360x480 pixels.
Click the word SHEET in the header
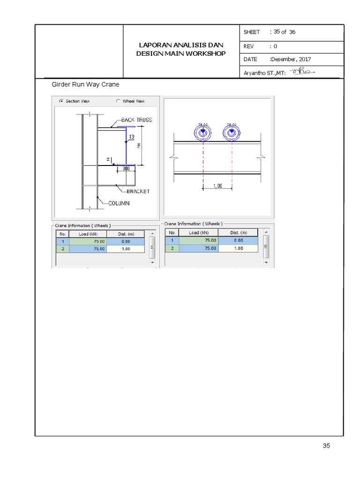pyautogui.click(x=252, y=32)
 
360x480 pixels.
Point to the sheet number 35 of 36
pyautogui.click(x=284, y=32)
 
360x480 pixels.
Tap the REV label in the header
pyautogui.click(x=248, y=46)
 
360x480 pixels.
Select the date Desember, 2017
pyautogui.click(x=290, y=60)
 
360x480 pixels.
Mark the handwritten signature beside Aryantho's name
pyautogui.click(x=302, y=72)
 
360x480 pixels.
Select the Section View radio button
pyautogui.click(x=61, y=101)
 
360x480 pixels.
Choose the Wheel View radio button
pyautogui.click(x=118, y=101)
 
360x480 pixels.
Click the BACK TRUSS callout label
pyautogui.click(x=136, y=120)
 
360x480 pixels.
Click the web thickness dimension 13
pyautogui.click(x=132, y=137)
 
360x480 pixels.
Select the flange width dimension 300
pyautogui.click(x=126, y=168)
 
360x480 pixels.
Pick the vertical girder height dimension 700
pyautogui.click(x=139, y=145)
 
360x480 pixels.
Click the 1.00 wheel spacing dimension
pyautogui.click(x=217, y=186)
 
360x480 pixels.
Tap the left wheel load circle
pyautogui.click(x=203, y=134)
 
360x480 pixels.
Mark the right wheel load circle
pyautogui.click(x=231, y=134)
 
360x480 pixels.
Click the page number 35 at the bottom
pyautogui.click(x=326, y=446)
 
